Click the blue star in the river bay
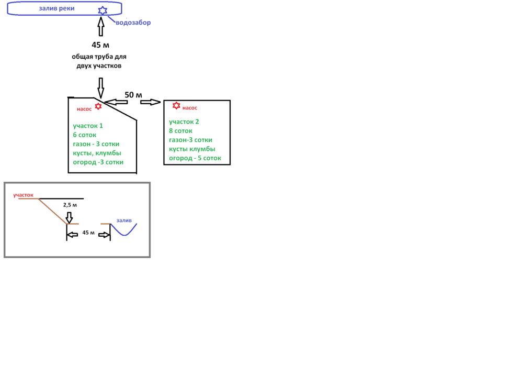103,10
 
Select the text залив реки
56,9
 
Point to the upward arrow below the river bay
100,27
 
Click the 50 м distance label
133,95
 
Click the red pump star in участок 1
98,106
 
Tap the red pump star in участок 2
176,106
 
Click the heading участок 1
88,126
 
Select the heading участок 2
184,122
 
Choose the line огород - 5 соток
195,158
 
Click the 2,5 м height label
70,205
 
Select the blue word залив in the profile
124,221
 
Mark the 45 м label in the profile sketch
88,233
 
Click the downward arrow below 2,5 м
70,217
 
